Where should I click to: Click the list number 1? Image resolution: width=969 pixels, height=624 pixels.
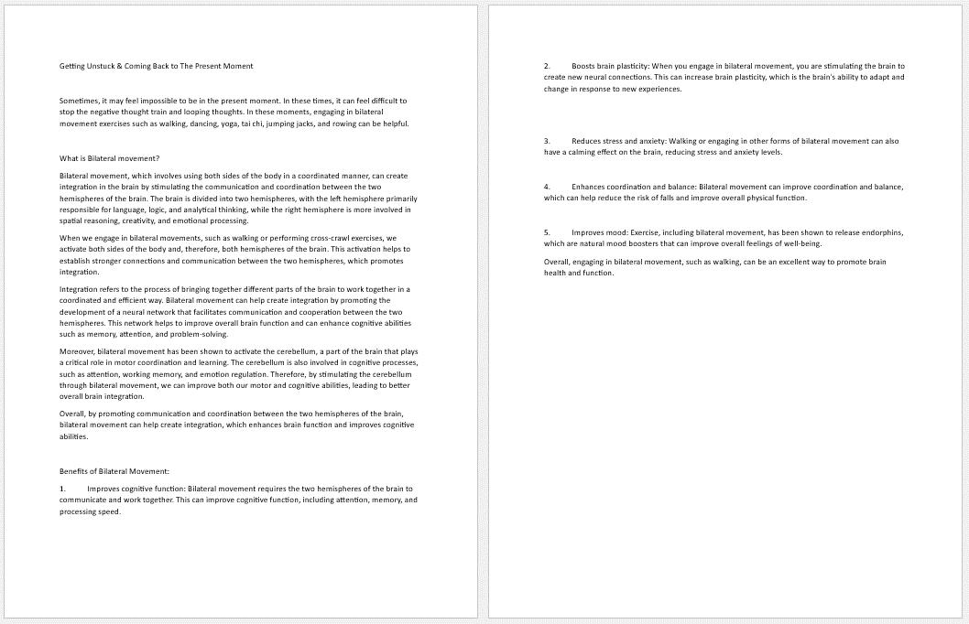tap(62, 489)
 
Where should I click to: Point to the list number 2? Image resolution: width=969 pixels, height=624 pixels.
tap(547, 66)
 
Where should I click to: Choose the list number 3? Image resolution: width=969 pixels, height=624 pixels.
tap(547, 141)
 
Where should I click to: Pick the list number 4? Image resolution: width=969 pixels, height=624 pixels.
tap(547, 187)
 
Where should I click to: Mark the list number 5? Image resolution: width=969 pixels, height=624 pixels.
tap(547, 232)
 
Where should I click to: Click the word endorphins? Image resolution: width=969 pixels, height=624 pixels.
tap(876, 232)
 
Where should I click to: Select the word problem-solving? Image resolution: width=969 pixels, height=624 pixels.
tap(201, 334)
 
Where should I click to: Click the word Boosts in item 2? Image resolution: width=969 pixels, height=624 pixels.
tap(584, 66)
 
